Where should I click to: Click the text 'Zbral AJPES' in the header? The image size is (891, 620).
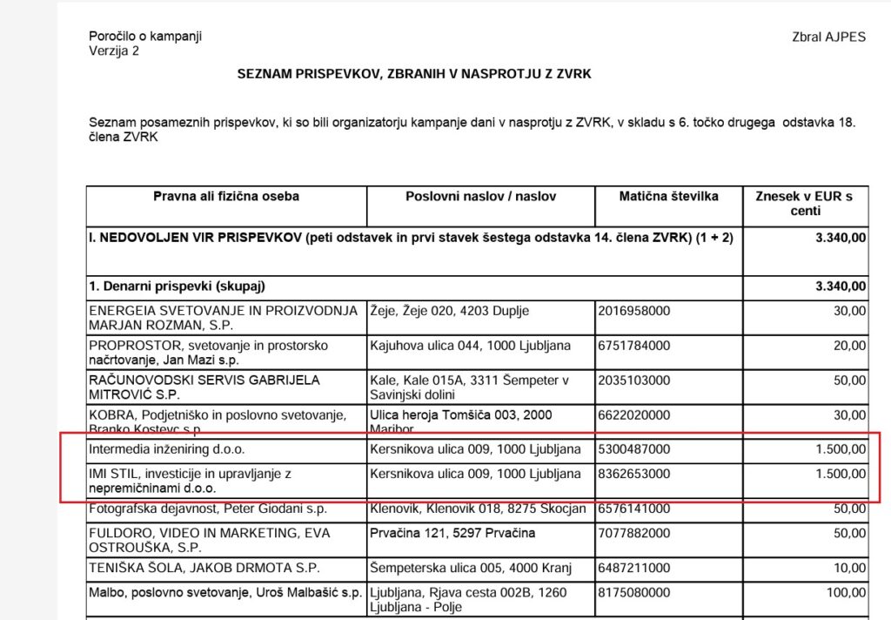(x=828, y=37)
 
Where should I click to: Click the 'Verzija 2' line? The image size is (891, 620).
(x=114, y=51)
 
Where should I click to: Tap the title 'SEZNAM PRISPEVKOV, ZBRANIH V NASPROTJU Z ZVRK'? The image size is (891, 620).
(x=414, y=74)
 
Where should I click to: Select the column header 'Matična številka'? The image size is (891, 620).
(x=668, y=197)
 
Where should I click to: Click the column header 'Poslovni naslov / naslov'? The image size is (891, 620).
(x=480, y=197)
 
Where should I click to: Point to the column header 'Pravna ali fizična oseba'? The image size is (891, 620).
(x=226, y=197)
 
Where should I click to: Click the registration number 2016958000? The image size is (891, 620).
(x=634, y=310)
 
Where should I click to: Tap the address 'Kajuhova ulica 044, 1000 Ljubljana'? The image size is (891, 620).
(x=471, y=346)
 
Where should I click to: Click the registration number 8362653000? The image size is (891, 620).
(x=634, y=475)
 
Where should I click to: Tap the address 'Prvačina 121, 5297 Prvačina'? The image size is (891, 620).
(x=452, y=533)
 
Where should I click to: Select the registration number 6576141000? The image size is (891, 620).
(x=634, y=509)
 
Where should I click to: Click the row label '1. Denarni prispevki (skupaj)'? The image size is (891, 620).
(x=177, y=286)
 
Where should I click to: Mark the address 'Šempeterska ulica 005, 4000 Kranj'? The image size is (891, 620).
(x=471, y=569)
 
